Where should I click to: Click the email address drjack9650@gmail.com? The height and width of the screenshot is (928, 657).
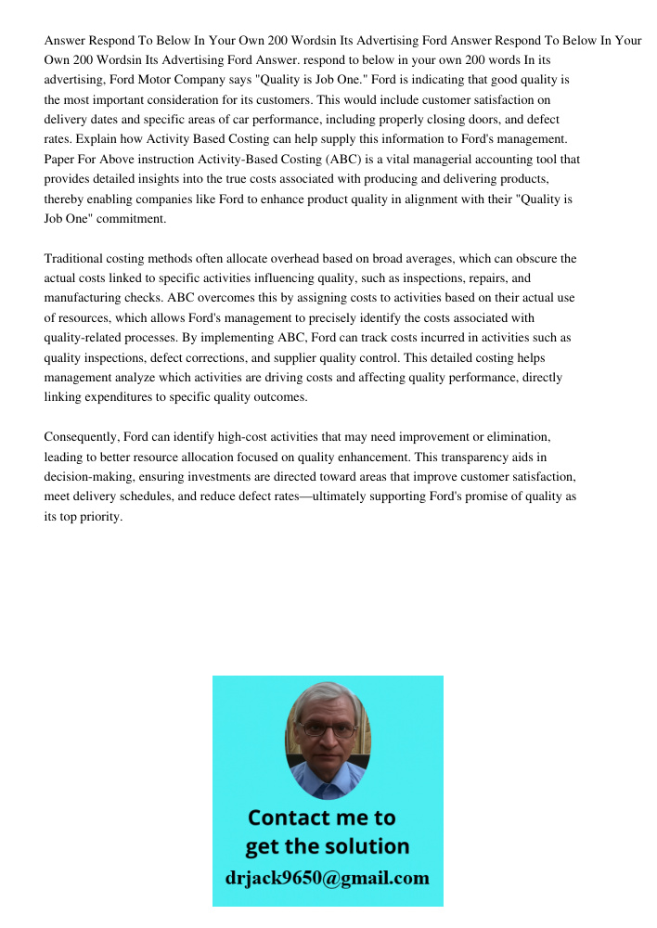point(327,878)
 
